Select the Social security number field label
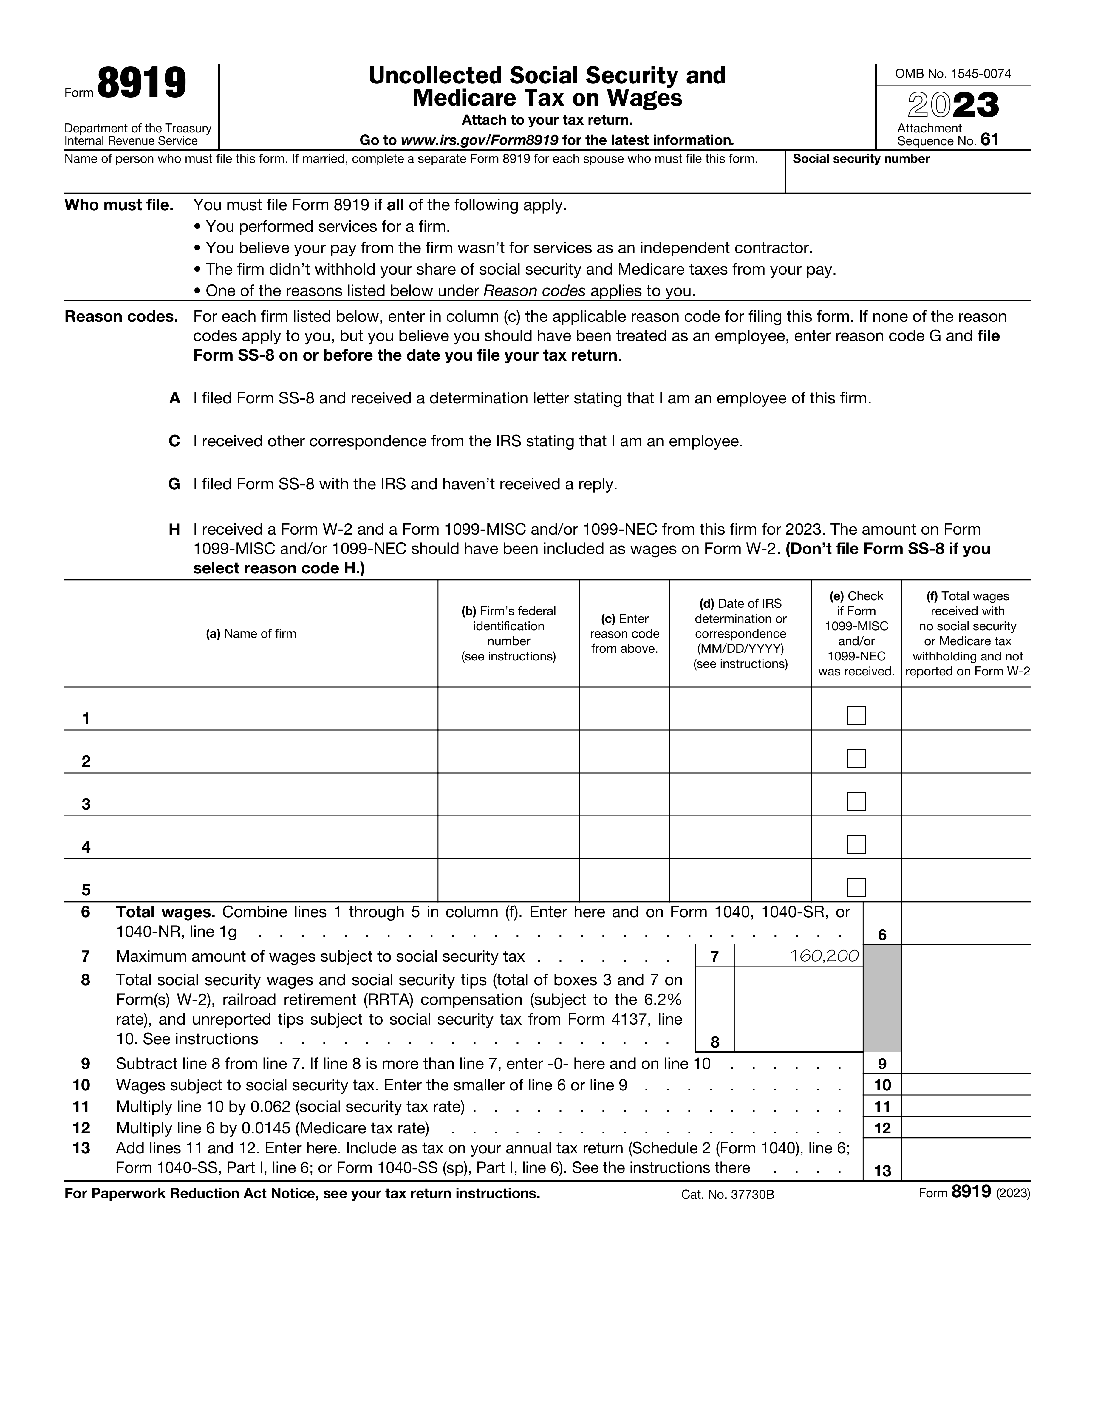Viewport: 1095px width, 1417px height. click(861, 159)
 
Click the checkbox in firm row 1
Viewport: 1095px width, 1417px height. click(856, 716)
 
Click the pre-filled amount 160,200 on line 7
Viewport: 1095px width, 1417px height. click(824, 956)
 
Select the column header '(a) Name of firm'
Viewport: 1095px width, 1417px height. click(251, 634)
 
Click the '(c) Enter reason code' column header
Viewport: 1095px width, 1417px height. click(624, 634)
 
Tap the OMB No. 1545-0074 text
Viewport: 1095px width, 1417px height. click(952, 74)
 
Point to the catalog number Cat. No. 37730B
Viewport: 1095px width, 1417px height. click(727, 1195)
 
